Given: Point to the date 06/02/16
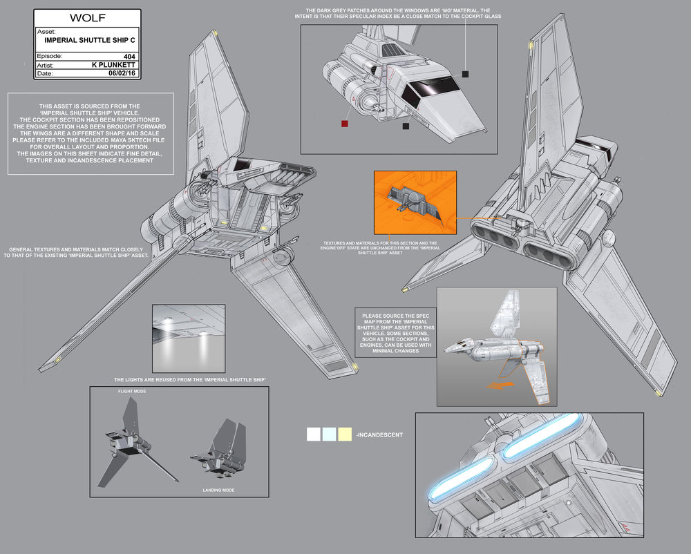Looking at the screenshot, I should tap(121, 72).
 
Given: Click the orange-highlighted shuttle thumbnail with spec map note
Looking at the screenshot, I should tap(495, 345).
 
